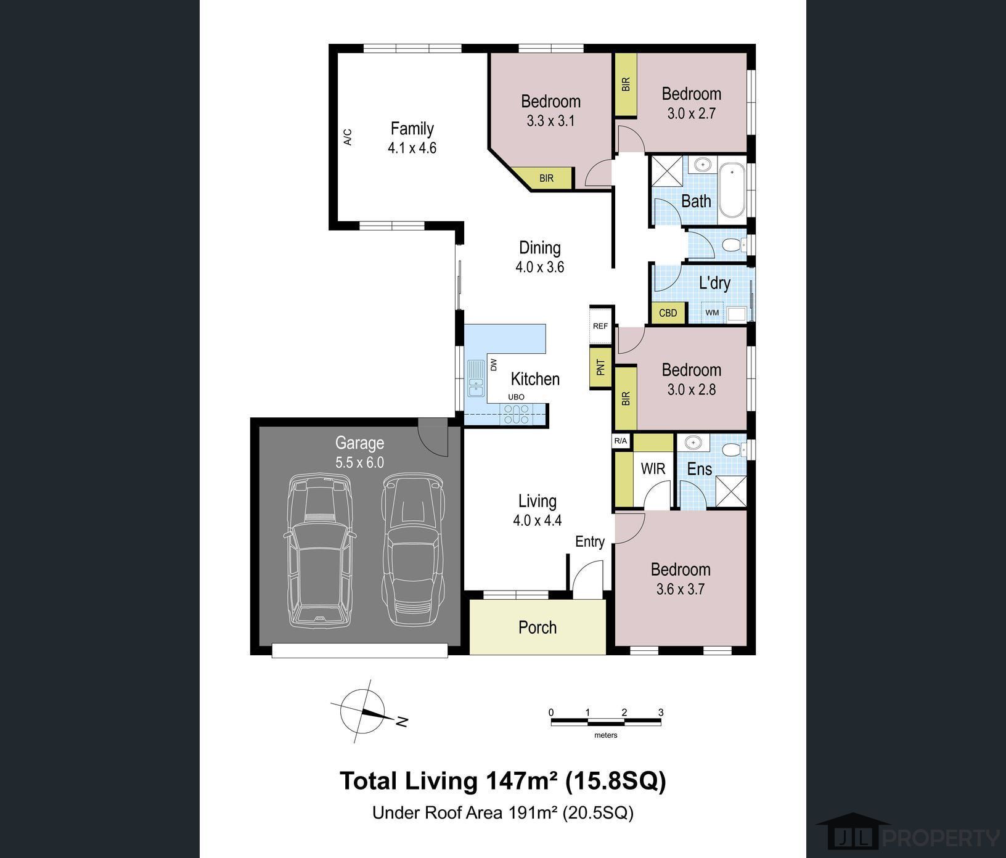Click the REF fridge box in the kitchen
tap(600, 326)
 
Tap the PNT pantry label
tap(601, 368)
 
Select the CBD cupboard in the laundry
tap(668, 313)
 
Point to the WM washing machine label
tap(712, 313)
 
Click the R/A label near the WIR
tap(621, 441)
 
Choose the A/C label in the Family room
tap(348, 137)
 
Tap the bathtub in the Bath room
tap(732, 190)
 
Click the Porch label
tap(538, 627)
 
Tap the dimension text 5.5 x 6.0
tap(360, 462)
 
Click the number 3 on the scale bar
tap(661, 713)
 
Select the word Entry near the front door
tap(590, 542)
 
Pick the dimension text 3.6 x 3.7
tap(681, 589)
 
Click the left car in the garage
tap(321, 550)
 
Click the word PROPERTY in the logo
tap(941, 838)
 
